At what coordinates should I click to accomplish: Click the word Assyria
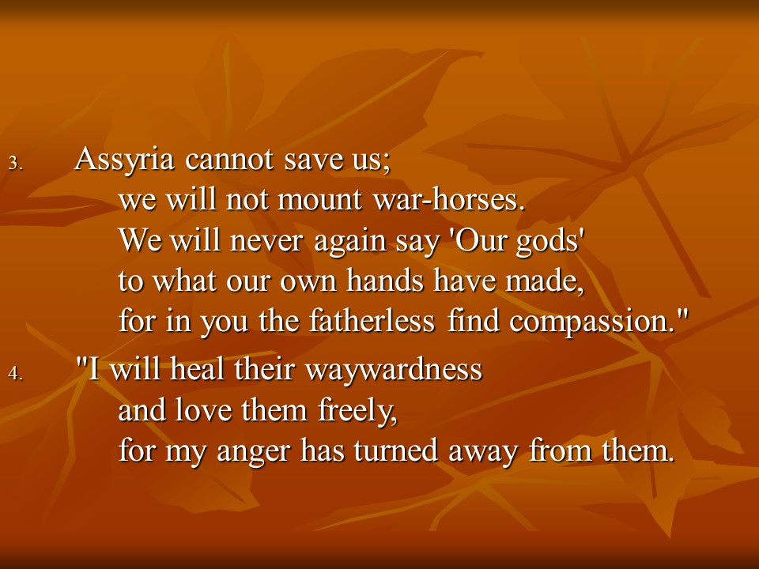124,160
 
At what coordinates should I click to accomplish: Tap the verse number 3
16,163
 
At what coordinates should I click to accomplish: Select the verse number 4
16,373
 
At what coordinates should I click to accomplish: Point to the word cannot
229,160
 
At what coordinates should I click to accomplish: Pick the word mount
319,200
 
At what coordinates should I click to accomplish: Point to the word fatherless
372,321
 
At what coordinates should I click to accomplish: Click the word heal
198,369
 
